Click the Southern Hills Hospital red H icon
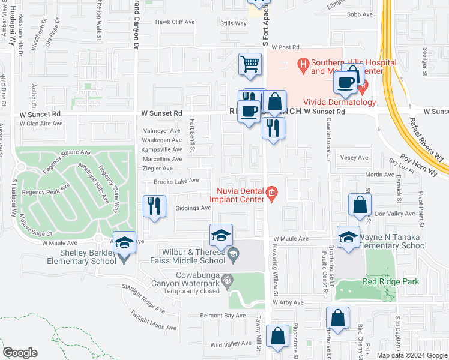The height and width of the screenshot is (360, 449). click(x=303, y=63)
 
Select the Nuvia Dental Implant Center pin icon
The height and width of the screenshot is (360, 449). click(x=271, y=193)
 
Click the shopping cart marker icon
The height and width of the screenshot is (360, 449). click(x=250, y=64)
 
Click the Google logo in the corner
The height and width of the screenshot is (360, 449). click(x=20, y=353)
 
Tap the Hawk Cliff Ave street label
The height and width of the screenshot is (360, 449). click(x=175, y=22)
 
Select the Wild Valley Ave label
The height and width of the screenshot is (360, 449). click(x=231, y=344)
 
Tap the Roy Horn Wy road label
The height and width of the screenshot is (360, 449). click(x=420, y=166)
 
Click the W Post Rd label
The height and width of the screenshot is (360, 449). click(x=285, y=47)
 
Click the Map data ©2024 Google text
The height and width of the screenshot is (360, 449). click(x=411, y=355)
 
